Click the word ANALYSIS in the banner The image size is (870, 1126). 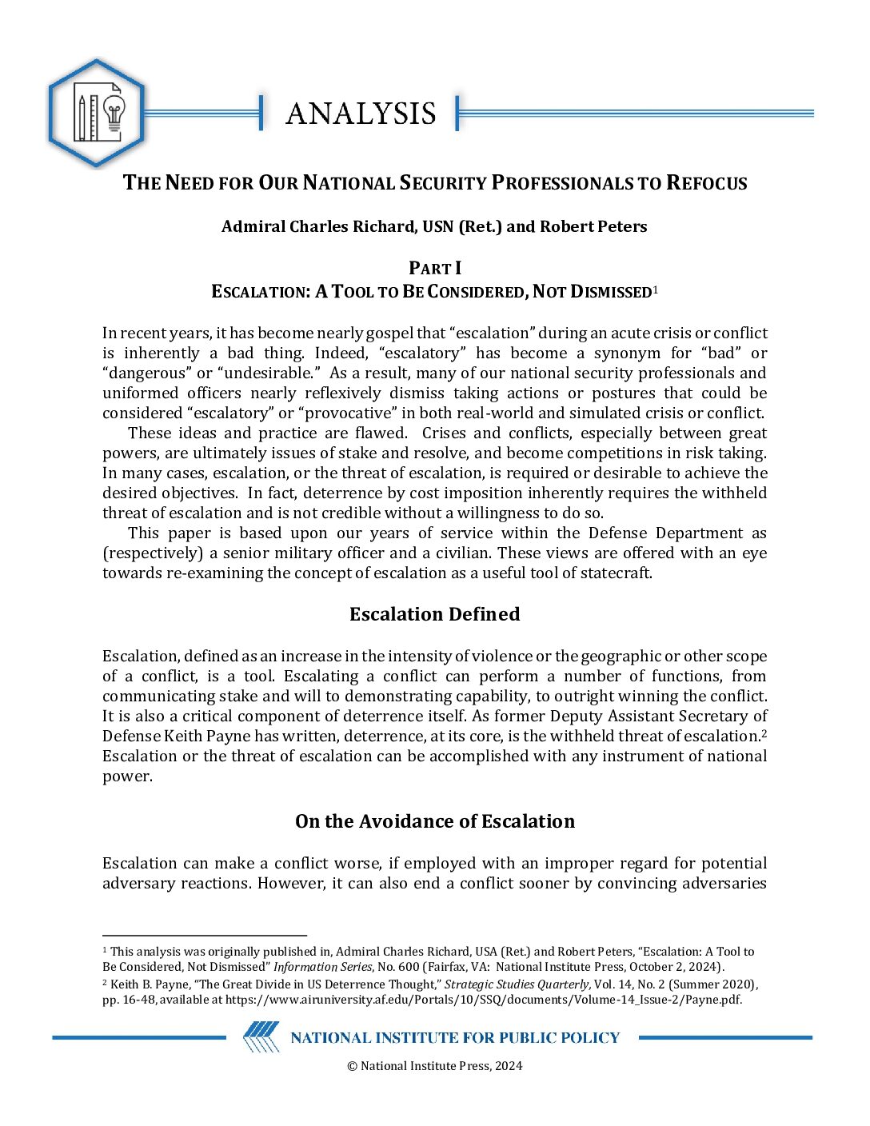(x=361, y=114)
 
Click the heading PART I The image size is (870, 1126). (x=435, y=268)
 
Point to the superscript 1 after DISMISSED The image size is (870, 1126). (x=655, y=289)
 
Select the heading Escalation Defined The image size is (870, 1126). (x=434, y=614)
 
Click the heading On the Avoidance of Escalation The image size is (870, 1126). (x=434, y=821)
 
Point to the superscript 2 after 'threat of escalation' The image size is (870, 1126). (x=764, y=733)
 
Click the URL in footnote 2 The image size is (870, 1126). (x=483, y=1000)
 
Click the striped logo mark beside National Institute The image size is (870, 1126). (x=261, y=1037)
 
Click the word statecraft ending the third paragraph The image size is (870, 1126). (x=614, y=573)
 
